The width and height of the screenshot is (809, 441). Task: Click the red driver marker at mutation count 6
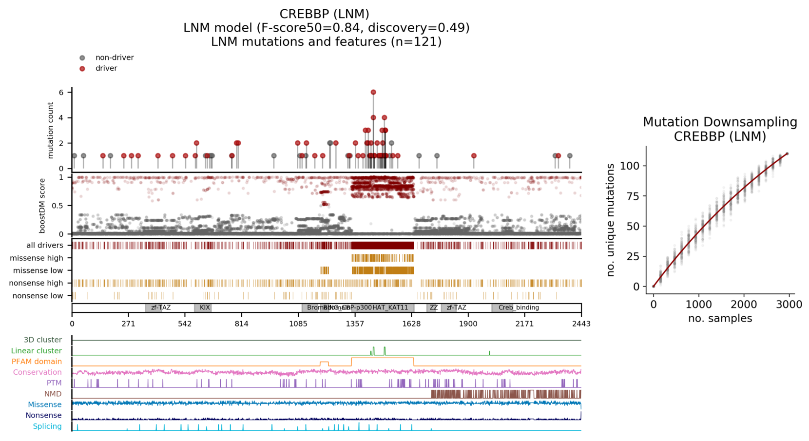click(373, 92)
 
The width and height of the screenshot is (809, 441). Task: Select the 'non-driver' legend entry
click(114, 58)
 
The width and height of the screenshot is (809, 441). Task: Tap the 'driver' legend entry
click(106, 68)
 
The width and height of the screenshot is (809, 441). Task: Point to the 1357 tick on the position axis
click(355, 324)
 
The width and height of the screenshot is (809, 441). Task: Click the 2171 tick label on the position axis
click(525, 324)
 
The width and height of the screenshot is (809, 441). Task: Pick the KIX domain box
click(203, 308)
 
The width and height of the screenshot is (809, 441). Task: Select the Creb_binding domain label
click(519, 308)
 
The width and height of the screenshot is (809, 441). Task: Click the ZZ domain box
click(433, 308)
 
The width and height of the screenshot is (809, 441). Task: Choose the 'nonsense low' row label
click(38, 296)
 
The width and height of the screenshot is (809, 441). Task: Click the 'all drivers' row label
click(45, 246)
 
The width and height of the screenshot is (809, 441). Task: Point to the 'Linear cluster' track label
click(37, 351)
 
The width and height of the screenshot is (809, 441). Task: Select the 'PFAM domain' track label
click(37, 362)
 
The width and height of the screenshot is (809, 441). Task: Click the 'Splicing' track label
click(47, 426)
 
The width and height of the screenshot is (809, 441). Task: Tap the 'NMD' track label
click(53, 394)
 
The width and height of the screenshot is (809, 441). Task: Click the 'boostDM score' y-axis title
click(42, 206)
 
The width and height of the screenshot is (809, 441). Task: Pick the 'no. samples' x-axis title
click(720, 319)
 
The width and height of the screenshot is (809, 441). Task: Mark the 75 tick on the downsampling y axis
click(633, 196)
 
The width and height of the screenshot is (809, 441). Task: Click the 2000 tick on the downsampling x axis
click(744, 305)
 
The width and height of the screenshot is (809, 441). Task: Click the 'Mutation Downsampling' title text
click(720, 122)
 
